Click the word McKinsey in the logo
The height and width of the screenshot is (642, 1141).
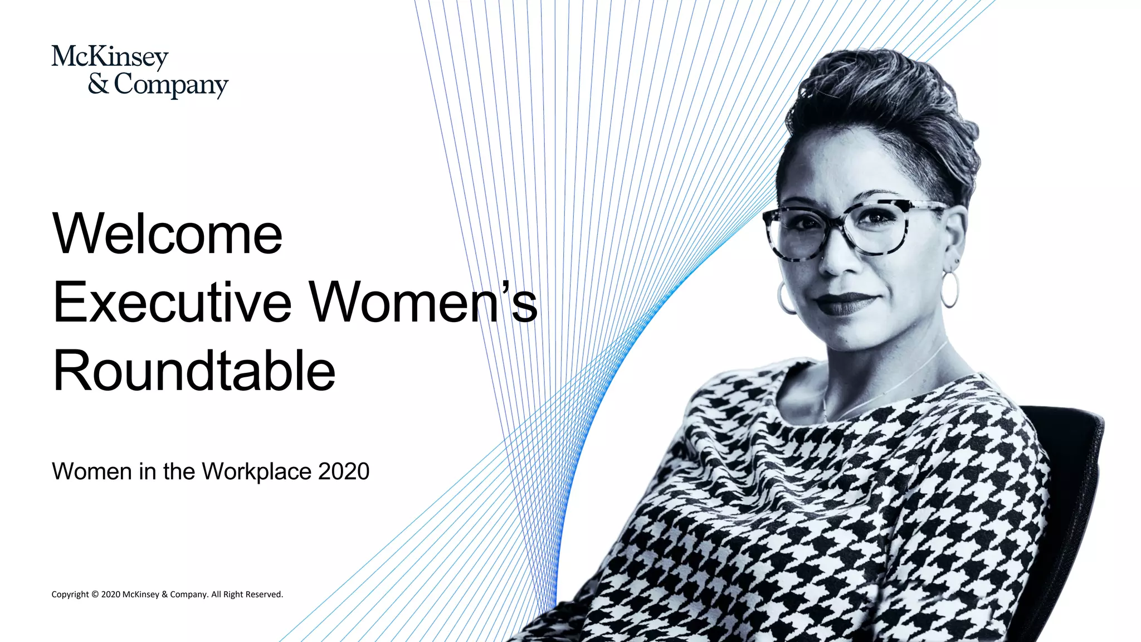pos(110,57)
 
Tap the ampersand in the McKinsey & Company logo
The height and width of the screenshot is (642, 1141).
pos(98,84)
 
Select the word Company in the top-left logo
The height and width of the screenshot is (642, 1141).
pos(171,85)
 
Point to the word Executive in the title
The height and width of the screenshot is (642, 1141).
pos(172,303)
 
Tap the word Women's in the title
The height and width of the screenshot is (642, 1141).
pos(423,303)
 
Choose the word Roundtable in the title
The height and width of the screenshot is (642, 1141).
pos(194,371)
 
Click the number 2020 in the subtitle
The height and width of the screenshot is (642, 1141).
pos(344,471)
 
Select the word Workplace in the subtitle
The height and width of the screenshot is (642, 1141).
pos(256,472)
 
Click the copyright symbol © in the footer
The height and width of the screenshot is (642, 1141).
pos(95,595)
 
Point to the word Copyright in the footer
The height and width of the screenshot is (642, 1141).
pos(70,595)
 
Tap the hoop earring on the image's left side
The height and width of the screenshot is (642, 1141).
pos(786,298)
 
